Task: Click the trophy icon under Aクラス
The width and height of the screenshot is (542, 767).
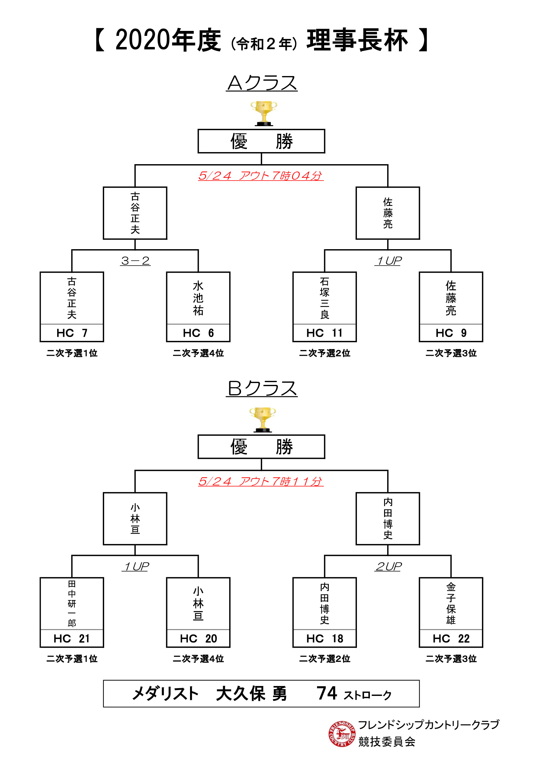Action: [x=264, y=113]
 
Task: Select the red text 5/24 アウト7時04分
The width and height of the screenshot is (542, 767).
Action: [x=261, y=176]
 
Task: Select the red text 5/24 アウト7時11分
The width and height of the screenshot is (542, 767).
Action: [x=261, y=481]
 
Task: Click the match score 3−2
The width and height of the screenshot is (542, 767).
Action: [x=135, y=261]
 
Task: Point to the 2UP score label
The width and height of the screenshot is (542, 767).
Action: [x=388, y=566]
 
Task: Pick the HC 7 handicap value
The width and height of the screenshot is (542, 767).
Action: [x=72, y=333]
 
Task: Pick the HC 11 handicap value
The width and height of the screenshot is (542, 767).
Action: [x=324, y=333]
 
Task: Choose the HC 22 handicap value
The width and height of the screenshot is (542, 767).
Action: [x=451, y=638]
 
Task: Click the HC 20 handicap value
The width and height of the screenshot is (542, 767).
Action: [x=198, y=638]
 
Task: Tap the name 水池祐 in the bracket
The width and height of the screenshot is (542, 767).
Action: [x=198, y=298]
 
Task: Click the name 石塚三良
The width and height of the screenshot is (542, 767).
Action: [x=324, y=298]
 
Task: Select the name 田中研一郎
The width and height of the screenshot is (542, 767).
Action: [x=72, y=603]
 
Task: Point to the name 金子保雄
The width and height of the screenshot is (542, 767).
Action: [x=451, y=603]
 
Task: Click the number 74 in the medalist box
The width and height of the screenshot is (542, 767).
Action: [x=327, y=693]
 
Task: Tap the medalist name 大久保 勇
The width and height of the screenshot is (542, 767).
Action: [x=251, y=694]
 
